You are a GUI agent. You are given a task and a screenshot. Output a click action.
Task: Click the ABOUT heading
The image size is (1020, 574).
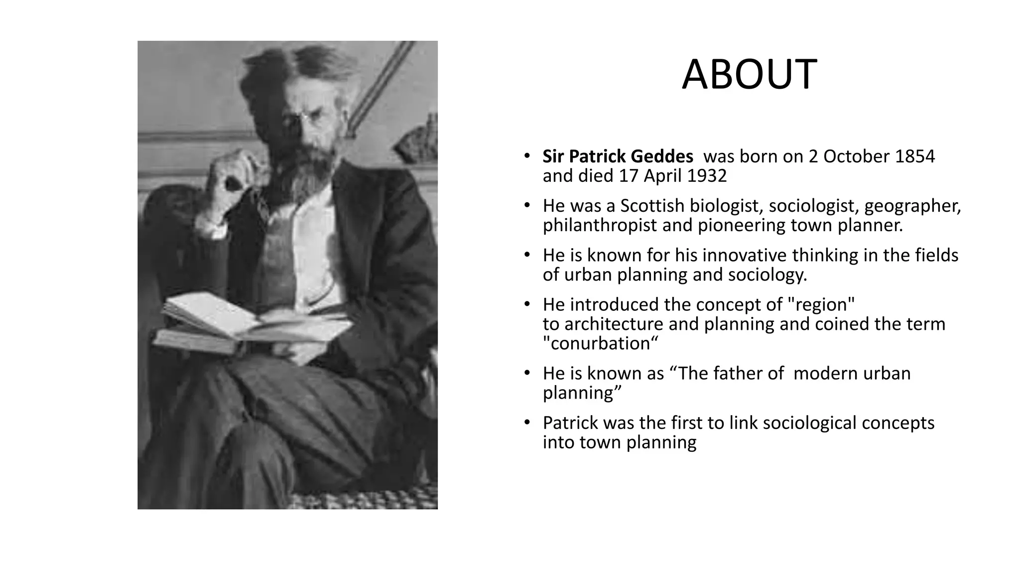(x=749, y=75)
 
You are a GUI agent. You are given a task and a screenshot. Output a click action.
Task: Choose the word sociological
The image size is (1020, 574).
(x=809, y=423)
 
